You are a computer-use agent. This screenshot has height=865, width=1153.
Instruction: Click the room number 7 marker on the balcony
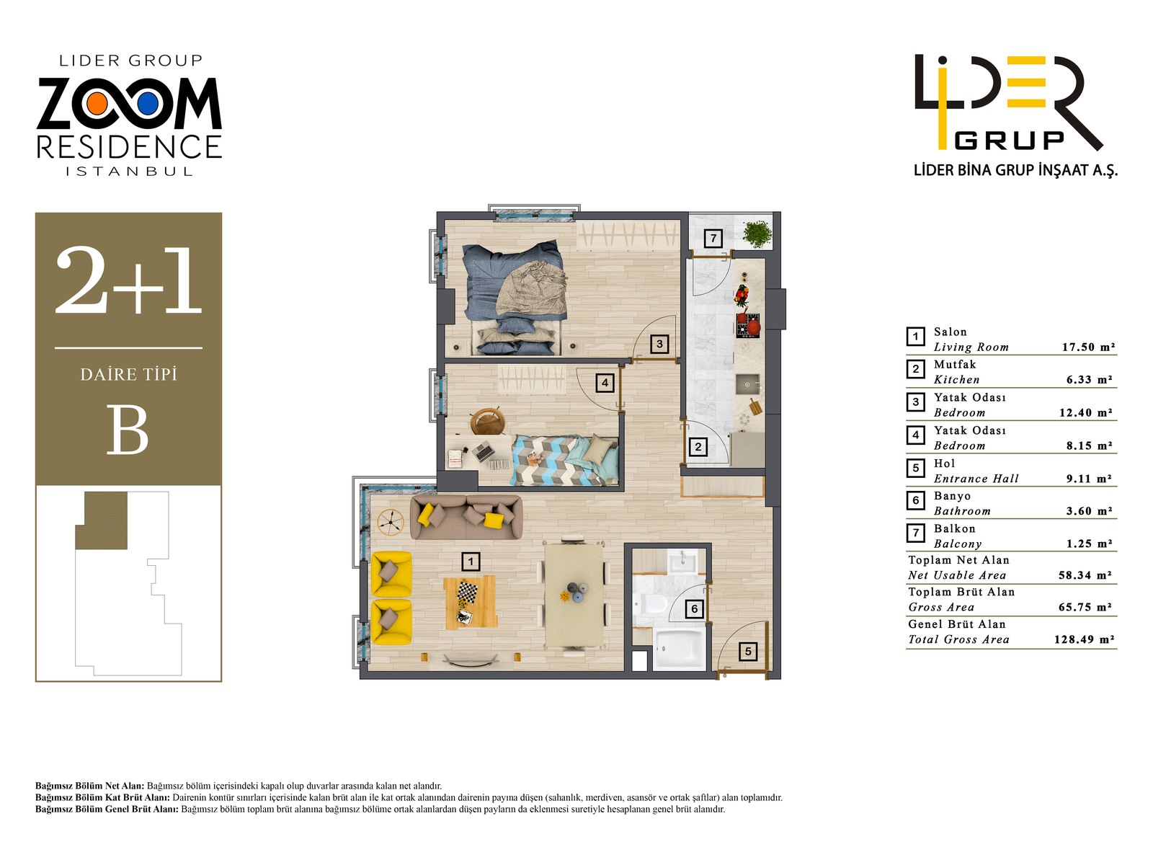click(713, 238)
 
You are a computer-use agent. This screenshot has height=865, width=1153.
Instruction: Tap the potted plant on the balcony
click(757, 234)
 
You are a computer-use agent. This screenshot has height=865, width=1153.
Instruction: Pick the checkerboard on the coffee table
click(467, 593)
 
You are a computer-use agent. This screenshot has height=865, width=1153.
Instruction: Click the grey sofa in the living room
click(466, 517)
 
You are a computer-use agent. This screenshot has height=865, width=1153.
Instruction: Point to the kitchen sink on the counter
click(747, 384)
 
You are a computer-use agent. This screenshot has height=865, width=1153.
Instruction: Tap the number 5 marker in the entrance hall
click(748, 652)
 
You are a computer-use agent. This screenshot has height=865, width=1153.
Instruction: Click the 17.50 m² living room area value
click(1088, 347)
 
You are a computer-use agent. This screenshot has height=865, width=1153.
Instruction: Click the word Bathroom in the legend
click(962, 511)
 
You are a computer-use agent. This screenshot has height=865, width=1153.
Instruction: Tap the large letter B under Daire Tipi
click(128, 430)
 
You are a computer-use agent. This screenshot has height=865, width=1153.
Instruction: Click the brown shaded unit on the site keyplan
click(104, 520)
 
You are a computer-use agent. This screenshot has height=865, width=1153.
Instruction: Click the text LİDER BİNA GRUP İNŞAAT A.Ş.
click(1015, 171)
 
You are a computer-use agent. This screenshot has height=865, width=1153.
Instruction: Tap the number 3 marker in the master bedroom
click(659, 345)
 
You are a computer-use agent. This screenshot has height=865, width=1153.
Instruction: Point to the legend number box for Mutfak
click(915, 370)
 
